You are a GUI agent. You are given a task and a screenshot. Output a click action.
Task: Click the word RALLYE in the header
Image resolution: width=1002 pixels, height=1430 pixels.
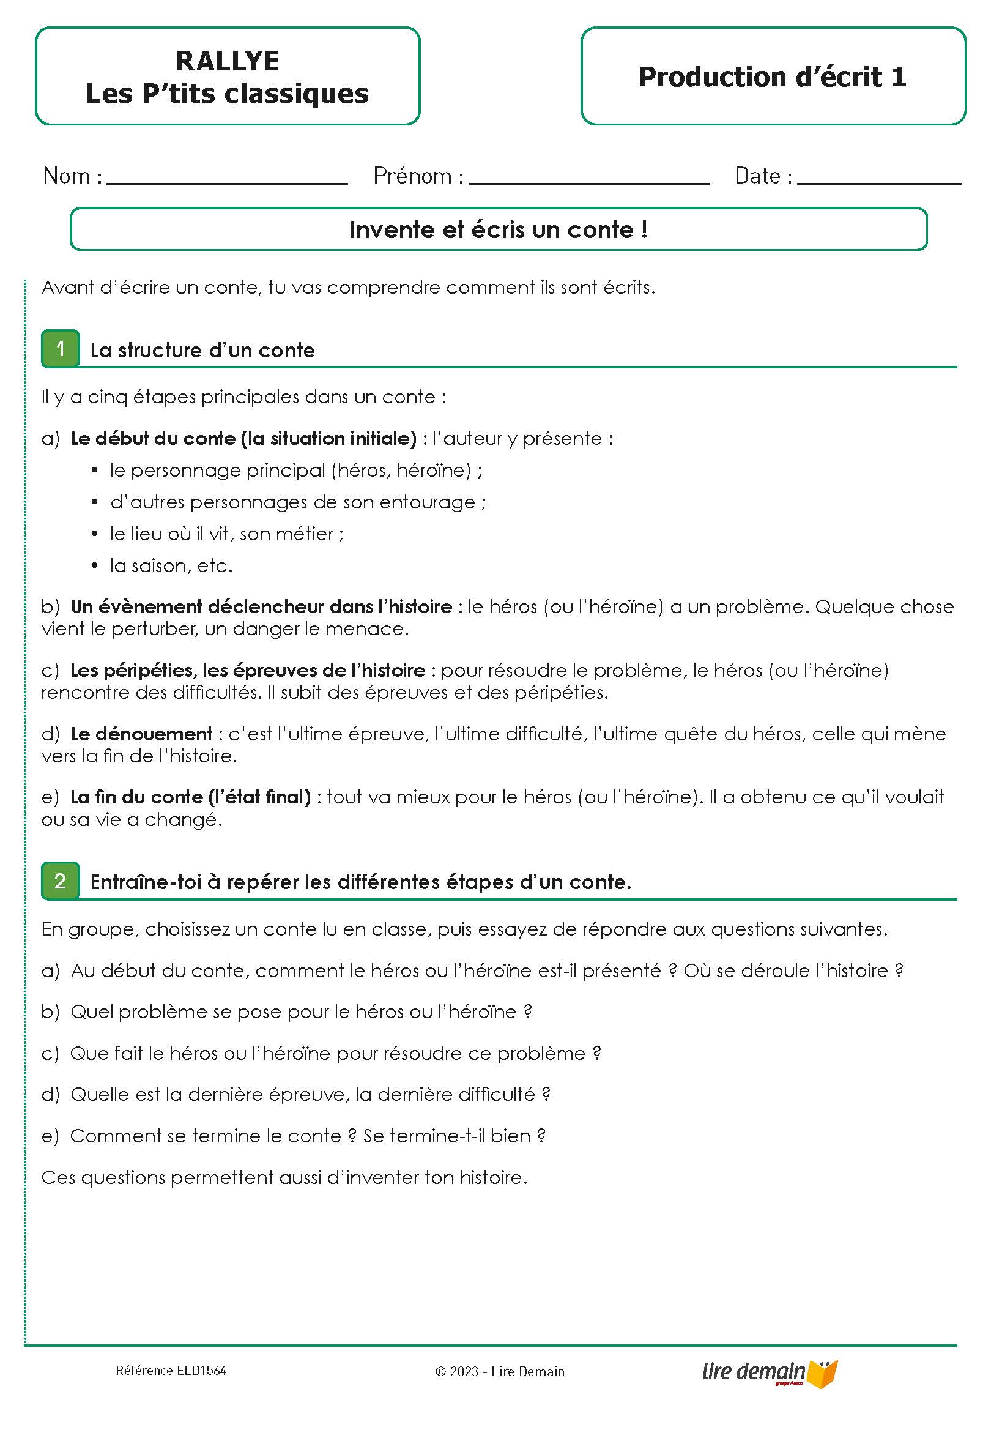tap(227, 61)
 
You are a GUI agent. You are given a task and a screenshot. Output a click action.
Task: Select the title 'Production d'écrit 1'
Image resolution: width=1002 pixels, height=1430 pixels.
tap(772, 77)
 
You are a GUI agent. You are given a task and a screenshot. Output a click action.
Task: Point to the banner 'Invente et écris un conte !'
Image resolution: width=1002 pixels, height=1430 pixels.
tap(498, 230)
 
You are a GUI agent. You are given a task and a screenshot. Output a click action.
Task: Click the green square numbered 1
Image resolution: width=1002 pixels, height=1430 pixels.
tap(61, 349)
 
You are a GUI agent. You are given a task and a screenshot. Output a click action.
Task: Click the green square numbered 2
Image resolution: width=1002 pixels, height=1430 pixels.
tap(61, 881)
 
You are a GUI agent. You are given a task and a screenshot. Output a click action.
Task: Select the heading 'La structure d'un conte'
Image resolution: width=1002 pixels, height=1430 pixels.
tap(202, 350)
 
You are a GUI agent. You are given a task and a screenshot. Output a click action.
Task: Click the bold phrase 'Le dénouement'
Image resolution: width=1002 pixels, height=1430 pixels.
tap(141, 734)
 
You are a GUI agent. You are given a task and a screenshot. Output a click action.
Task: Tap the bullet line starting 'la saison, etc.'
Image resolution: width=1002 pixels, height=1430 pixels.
tap(171, 565)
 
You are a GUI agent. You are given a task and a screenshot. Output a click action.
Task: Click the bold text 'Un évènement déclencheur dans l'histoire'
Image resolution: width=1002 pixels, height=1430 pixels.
tap(262, 606)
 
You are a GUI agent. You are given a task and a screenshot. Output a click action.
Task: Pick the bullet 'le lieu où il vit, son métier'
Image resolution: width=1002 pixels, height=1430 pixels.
tap(226, 534)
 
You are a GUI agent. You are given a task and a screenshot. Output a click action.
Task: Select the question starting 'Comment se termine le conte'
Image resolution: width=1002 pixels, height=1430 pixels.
tap(308, 1136)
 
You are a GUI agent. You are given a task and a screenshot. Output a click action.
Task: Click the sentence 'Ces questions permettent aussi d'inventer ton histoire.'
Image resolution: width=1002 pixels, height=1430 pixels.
tap(284, 1177)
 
